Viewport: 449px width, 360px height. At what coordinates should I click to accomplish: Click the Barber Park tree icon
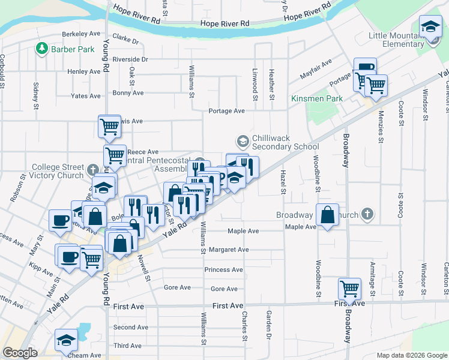click(x=42, y=48)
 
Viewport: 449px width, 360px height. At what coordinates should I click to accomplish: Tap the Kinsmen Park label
click(x=316, y=98)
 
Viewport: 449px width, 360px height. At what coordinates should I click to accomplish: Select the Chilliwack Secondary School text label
click(x=285, y=142)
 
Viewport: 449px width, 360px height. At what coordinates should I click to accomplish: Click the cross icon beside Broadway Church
click(x=367, y=214)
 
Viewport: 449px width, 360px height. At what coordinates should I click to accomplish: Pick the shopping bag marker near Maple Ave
click(x=327, y=215)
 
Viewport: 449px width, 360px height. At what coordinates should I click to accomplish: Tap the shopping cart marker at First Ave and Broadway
click(x=349, y=289)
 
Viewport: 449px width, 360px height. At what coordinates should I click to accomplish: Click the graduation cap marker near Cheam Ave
click(x=66, y=340)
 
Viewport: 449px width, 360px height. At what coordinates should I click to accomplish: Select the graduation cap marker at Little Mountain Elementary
click(x=430, y=27)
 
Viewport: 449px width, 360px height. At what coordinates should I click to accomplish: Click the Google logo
click(x=20, y=353)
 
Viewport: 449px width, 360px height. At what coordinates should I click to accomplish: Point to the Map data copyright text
click(x=411, y=355)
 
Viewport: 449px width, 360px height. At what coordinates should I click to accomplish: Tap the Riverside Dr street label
click(x=130, y=59)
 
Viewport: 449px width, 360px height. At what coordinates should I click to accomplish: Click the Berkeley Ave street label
click(x=83, y=34)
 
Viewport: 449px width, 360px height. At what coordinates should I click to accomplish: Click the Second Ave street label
click(x=130, y=327)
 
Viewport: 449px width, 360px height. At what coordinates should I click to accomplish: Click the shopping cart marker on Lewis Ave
click(x=110, y=126)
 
